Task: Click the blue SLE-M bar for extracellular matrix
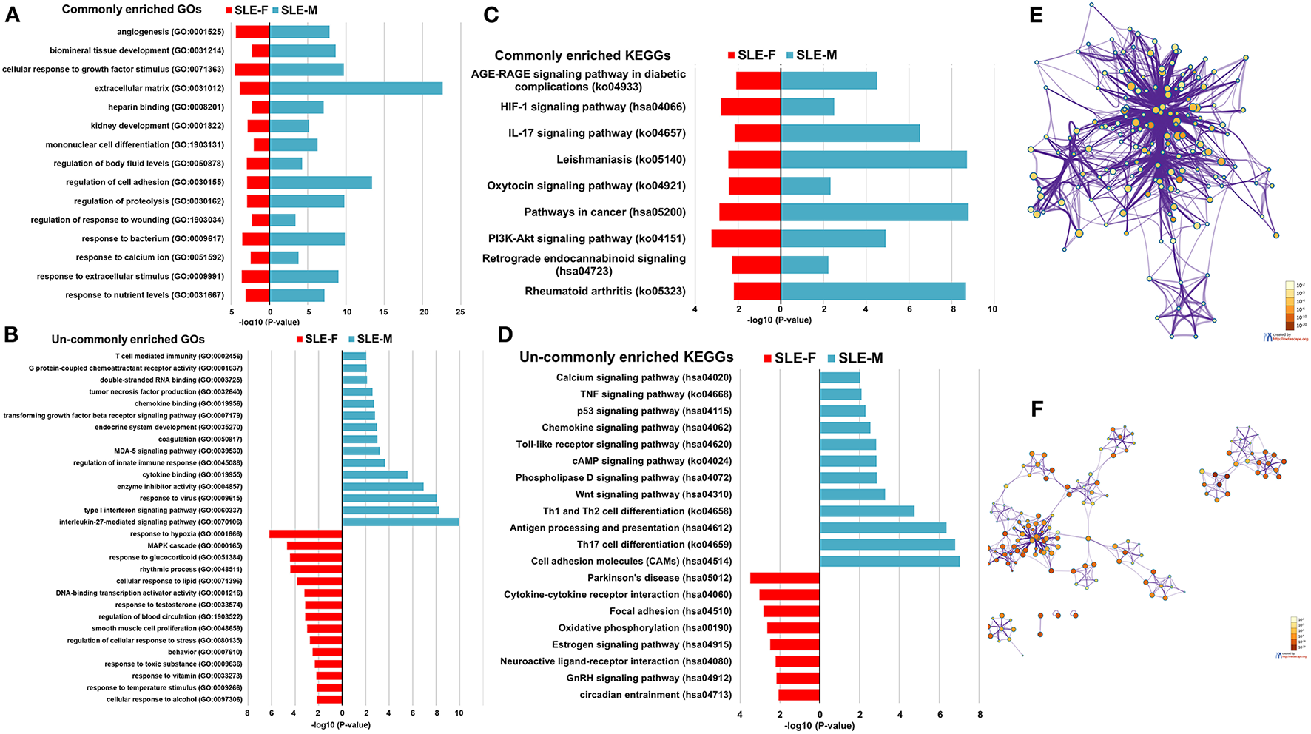(x=356, y=88)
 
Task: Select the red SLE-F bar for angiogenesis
(x=252, y=32)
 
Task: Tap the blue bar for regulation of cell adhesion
(x=320, y=182)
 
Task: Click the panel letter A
(x=13, y=15)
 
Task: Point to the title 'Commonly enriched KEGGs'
(x=582, y=55)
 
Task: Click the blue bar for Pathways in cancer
(x=874, y=212)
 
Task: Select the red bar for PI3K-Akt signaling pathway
(x=746, y=238)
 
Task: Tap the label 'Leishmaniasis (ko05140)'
(x=621, y=159)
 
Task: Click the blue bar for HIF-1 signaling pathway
(x=807, y=107)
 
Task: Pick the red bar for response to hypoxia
(x=306, y=534)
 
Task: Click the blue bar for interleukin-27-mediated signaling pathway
(x=400, y=522)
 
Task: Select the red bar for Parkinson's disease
(x=784, y=578)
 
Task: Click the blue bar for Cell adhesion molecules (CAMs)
(x=889, y=562)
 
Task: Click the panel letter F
(x=1037, y=409)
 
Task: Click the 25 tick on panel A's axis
(x=460, y=312)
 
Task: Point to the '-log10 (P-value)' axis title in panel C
(x=779, y=320)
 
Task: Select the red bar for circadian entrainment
(x=799, y=695)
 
